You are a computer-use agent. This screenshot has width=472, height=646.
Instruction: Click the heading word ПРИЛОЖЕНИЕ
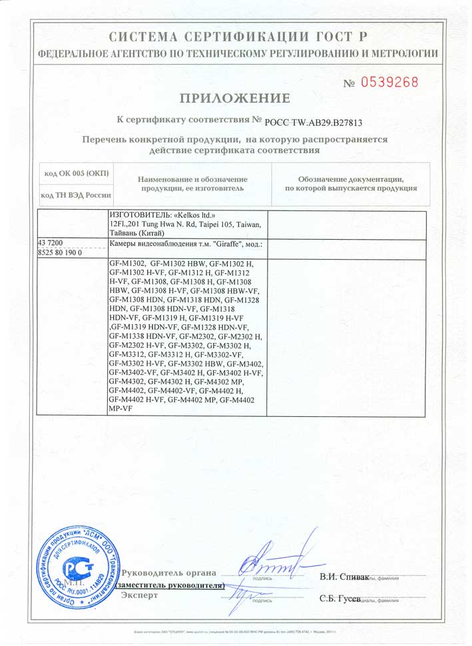point(236,99)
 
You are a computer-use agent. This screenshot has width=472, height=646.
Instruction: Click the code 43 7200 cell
point(52,244)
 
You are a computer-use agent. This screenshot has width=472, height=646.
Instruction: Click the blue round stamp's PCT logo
point(74,568)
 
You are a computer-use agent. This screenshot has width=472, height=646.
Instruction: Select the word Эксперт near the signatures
point(140,595)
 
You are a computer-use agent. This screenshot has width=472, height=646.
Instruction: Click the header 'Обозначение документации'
point(351,179)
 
